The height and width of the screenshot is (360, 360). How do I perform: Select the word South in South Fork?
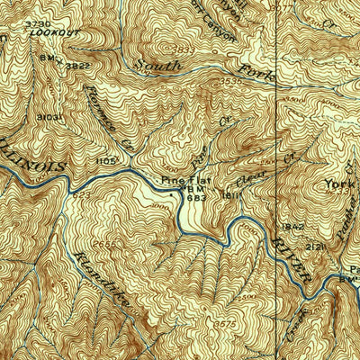[x=157, y=65]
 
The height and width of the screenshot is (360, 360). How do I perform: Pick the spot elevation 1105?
[x=106, y=160]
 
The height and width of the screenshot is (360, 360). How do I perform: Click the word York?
[x=341, y=184]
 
